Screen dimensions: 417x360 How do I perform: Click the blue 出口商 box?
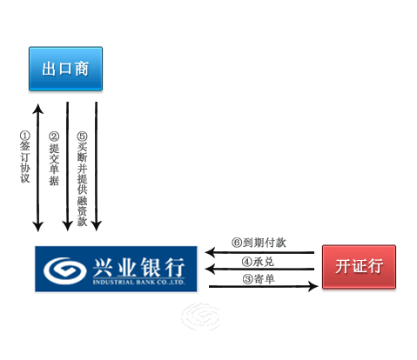click(65, 69)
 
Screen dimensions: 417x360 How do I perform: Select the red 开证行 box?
click(359, 267)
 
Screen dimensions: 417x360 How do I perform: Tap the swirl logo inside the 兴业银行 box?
click(64, 270)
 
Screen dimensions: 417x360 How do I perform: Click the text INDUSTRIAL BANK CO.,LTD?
click(138, 282)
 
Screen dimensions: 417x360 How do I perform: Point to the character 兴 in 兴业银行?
click(103, 267)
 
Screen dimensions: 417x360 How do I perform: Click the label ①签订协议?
click(25, 157)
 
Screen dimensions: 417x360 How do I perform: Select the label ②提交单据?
click(54, 159)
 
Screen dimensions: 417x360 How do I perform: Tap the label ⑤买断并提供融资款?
click(82, 179)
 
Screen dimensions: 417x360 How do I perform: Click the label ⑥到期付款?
click(259, 243)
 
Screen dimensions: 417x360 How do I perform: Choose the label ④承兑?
click(258, 262)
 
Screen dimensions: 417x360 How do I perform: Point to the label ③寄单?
click(259, 279)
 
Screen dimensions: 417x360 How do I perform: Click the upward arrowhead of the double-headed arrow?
click(38, 109)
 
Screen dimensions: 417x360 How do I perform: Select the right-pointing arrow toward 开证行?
click(264, 286)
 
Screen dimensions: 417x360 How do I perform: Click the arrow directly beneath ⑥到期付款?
click(259, 252)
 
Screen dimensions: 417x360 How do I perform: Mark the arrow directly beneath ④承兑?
click(259, 269)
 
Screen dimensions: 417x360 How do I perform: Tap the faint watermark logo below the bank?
click(200, 317)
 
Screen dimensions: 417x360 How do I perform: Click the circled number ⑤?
click(82, 137)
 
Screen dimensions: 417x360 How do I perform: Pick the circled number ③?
click(247, 279)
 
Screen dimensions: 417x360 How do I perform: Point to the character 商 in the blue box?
click(82, 69)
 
